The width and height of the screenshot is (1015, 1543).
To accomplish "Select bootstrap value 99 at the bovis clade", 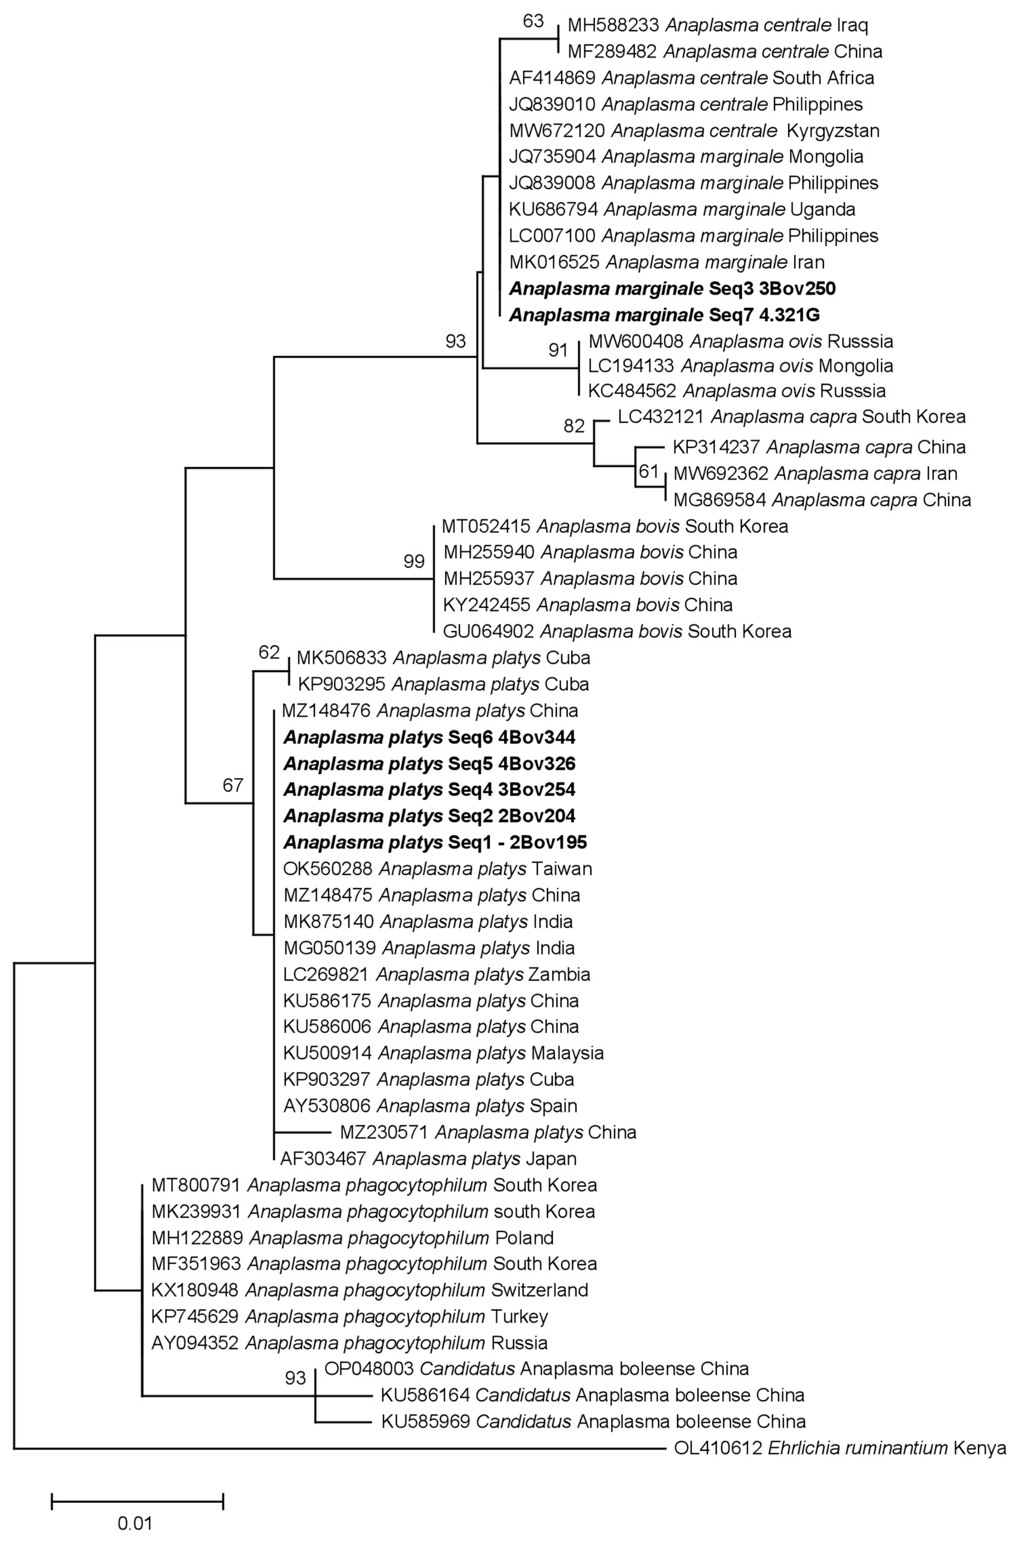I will (x=414, y=561).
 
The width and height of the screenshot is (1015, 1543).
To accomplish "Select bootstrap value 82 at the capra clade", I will (x=574, y=426).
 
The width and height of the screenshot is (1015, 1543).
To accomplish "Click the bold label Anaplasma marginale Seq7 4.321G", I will (x=664, y=315).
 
